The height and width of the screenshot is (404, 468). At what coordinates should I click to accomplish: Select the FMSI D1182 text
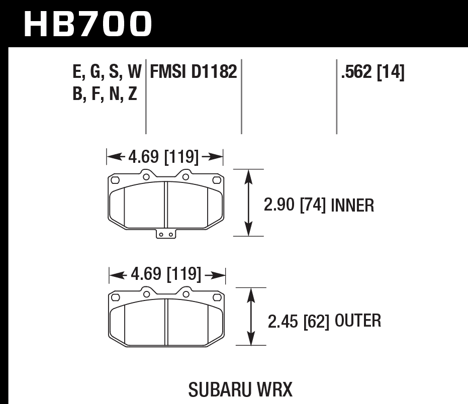[192, 73]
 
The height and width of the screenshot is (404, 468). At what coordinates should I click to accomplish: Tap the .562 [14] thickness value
[372, 73]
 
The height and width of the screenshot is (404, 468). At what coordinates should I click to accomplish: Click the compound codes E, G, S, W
[107, 73]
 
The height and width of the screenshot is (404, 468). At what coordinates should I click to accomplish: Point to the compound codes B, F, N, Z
[105, 94]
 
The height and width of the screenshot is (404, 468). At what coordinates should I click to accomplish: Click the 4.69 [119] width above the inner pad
[164, 157]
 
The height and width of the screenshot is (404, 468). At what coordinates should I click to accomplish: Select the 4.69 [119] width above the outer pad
[166, 275]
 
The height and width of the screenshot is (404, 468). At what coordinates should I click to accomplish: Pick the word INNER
[353, 205]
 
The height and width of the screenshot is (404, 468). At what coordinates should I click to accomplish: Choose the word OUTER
[357, 321]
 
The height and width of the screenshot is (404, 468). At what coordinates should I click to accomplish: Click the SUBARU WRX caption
[240, 389]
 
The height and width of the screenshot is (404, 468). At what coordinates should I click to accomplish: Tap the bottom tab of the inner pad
[166, 234]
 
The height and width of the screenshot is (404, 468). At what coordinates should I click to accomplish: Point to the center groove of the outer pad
[166, 322]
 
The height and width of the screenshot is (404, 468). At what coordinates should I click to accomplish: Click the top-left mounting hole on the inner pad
[146, 176]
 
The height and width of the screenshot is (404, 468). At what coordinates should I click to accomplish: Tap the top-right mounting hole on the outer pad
[185, 294]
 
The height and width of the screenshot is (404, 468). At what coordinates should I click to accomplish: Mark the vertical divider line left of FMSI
[146, 95]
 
